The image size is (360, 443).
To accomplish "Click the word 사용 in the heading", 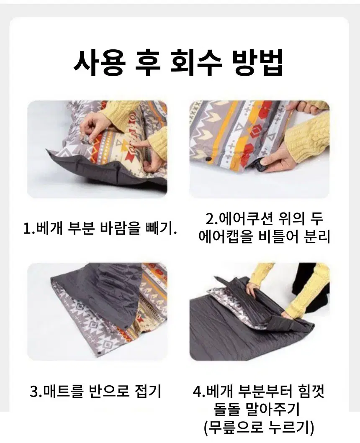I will coord(99,63).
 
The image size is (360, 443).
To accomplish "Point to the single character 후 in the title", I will coord(149,63).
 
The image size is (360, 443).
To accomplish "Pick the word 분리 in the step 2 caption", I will coord(317,237).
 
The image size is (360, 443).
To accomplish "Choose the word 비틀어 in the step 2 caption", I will coord(278,237).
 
